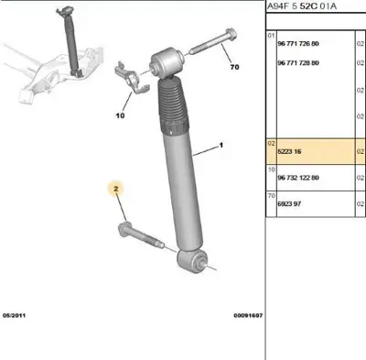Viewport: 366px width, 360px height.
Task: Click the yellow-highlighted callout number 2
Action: click(x=116, y=190)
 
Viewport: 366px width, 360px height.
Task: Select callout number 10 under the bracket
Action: click(x=119, y=116)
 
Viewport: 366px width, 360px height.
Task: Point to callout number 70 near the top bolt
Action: click(x=233, y=68)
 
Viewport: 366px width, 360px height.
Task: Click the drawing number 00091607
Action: click(x=246, y=314)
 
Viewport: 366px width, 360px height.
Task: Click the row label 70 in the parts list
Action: click(x=271, y=194)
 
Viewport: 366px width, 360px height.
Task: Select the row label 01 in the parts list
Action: click(x=271, y=36)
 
